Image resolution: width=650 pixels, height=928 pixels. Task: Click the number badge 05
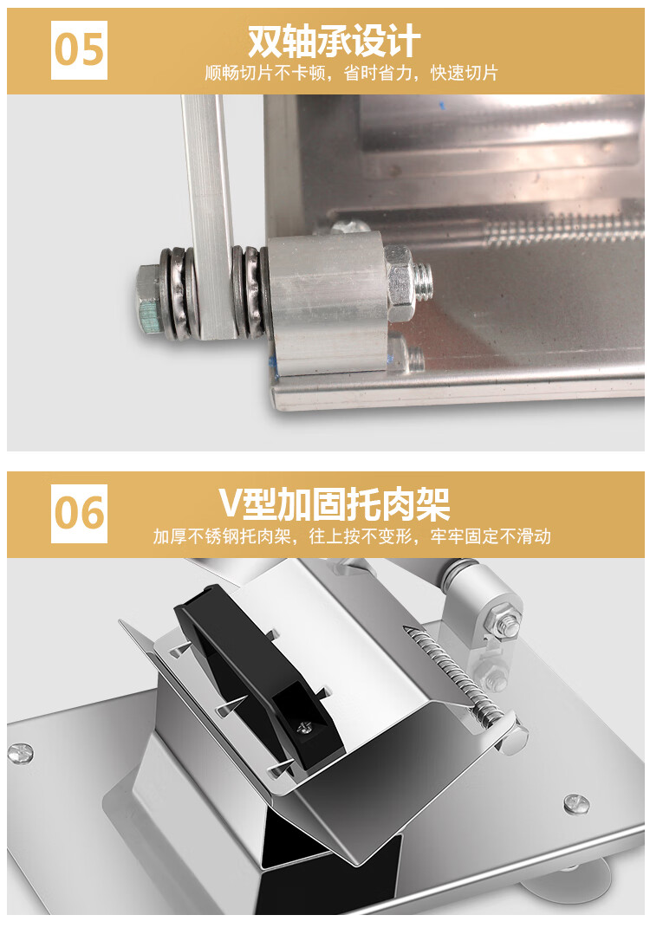(x=79, y=49)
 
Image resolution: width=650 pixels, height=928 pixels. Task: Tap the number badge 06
(x=79, y=513)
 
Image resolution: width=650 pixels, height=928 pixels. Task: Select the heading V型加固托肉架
(x=335, y=503)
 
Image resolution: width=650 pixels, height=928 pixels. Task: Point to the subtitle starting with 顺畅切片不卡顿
(x=352, y=73)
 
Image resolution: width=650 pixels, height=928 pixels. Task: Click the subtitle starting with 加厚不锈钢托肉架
(x=352, y=536)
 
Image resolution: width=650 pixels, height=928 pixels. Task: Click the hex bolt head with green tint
(x=149, y=302)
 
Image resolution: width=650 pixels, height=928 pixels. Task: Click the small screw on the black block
(x=305, y=727)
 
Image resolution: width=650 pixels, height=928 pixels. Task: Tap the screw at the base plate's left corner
(x=20, y=754)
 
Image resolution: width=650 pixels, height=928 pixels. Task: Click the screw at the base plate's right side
(x=575, y=802)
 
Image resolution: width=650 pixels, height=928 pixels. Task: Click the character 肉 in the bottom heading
(x=393, y=504)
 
